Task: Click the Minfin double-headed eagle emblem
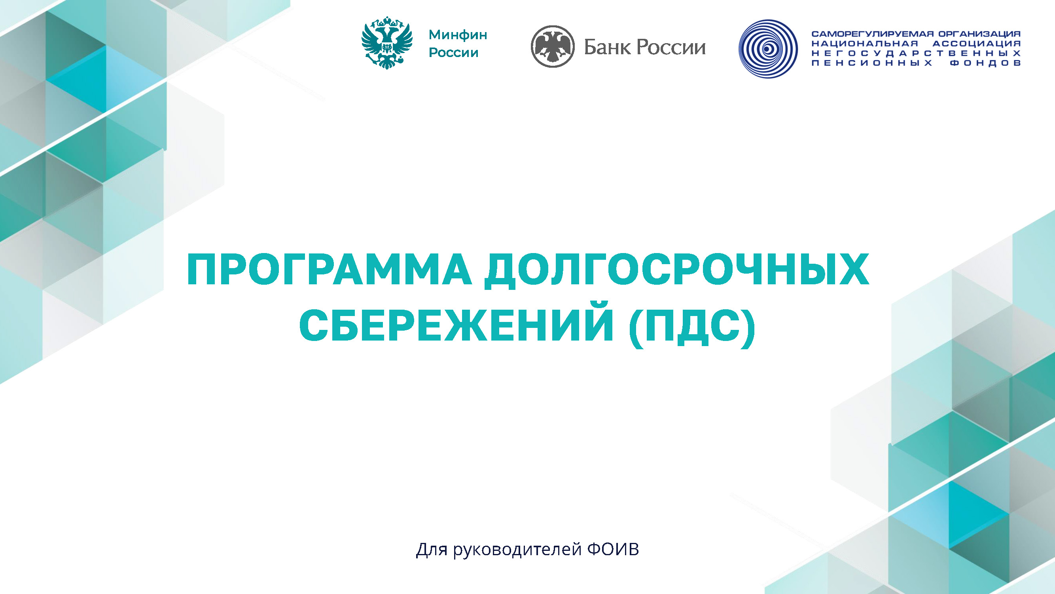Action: [386, 43]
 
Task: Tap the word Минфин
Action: [458, 35]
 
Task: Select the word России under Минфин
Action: [453, 53]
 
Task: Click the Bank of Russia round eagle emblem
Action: [553, 46]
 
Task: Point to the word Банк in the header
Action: [607, 47]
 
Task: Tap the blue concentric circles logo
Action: [768, 49]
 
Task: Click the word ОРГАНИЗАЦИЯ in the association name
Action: [979, 34]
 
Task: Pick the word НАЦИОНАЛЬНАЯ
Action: [865, 44]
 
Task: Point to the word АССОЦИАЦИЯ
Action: [977, 44]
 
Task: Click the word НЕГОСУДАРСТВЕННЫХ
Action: [916, 53]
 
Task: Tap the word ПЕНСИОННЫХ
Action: [872, 63]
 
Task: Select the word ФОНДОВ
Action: [985, 63]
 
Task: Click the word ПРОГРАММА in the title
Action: [329, 269]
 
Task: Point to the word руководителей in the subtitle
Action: [517, 550]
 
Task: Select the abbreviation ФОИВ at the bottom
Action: [613, 549]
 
